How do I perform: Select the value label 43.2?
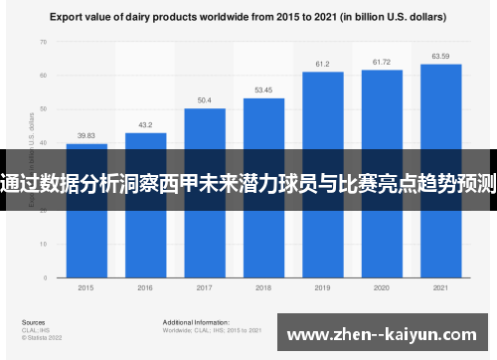145,125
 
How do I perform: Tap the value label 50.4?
204,100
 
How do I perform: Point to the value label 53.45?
263,90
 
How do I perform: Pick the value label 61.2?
322,64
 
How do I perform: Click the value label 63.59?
440,56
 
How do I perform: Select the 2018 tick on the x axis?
263,287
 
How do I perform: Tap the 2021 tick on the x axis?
440,287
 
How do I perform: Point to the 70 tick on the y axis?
43,43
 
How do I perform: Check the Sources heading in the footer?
33,323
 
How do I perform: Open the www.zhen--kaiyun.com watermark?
386,333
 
